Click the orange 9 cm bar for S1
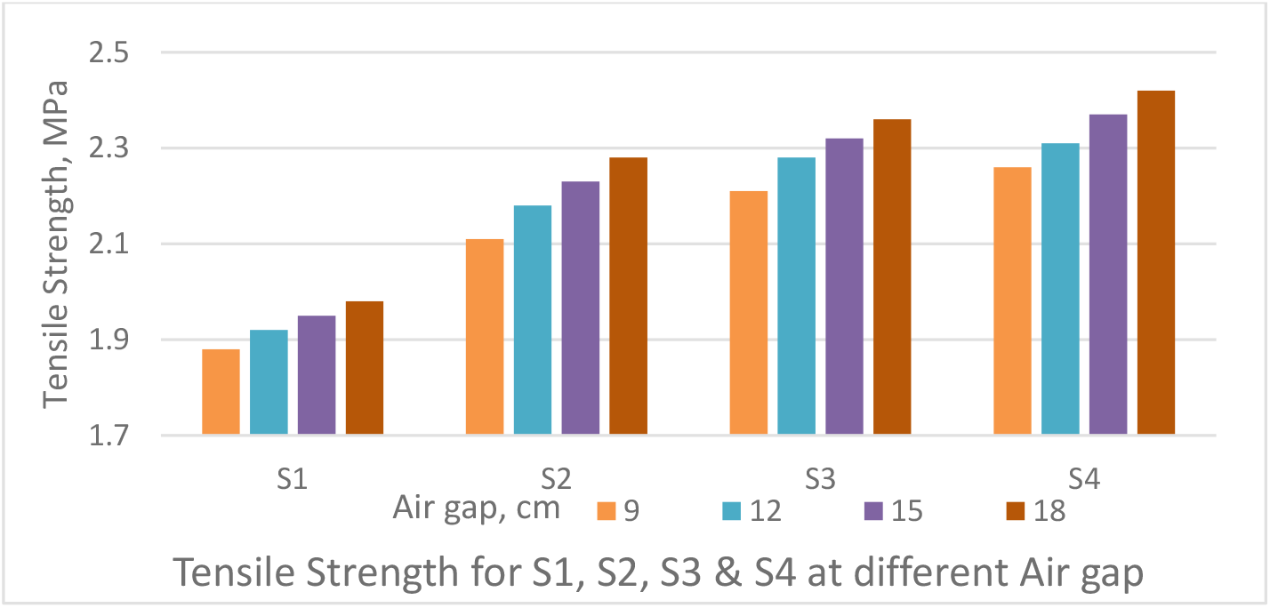click(x=221, y=392)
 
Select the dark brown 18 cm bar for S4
click(x=1155, y=263)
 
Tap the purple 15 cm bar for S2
click(x=580, y=308)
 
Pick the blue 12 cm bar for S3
click(x=796, y=296)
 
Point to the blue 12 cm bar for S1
click(x=269, y=382)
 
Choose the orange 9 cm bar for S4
click(x=1012, y=301)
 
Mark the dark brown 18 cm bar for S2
click(x=628, y=296)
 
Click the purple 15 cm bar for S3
click(x=844, y=286)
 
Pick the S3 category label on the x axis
click(x=820, y=480)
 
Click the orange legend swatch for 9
click(x=607, y=511)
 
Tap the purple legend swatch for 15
click(x=872, y=511)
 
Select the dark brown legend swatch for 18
click(x=1015, y=511)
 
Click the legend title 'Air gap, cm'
click(x=477, y=508)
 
